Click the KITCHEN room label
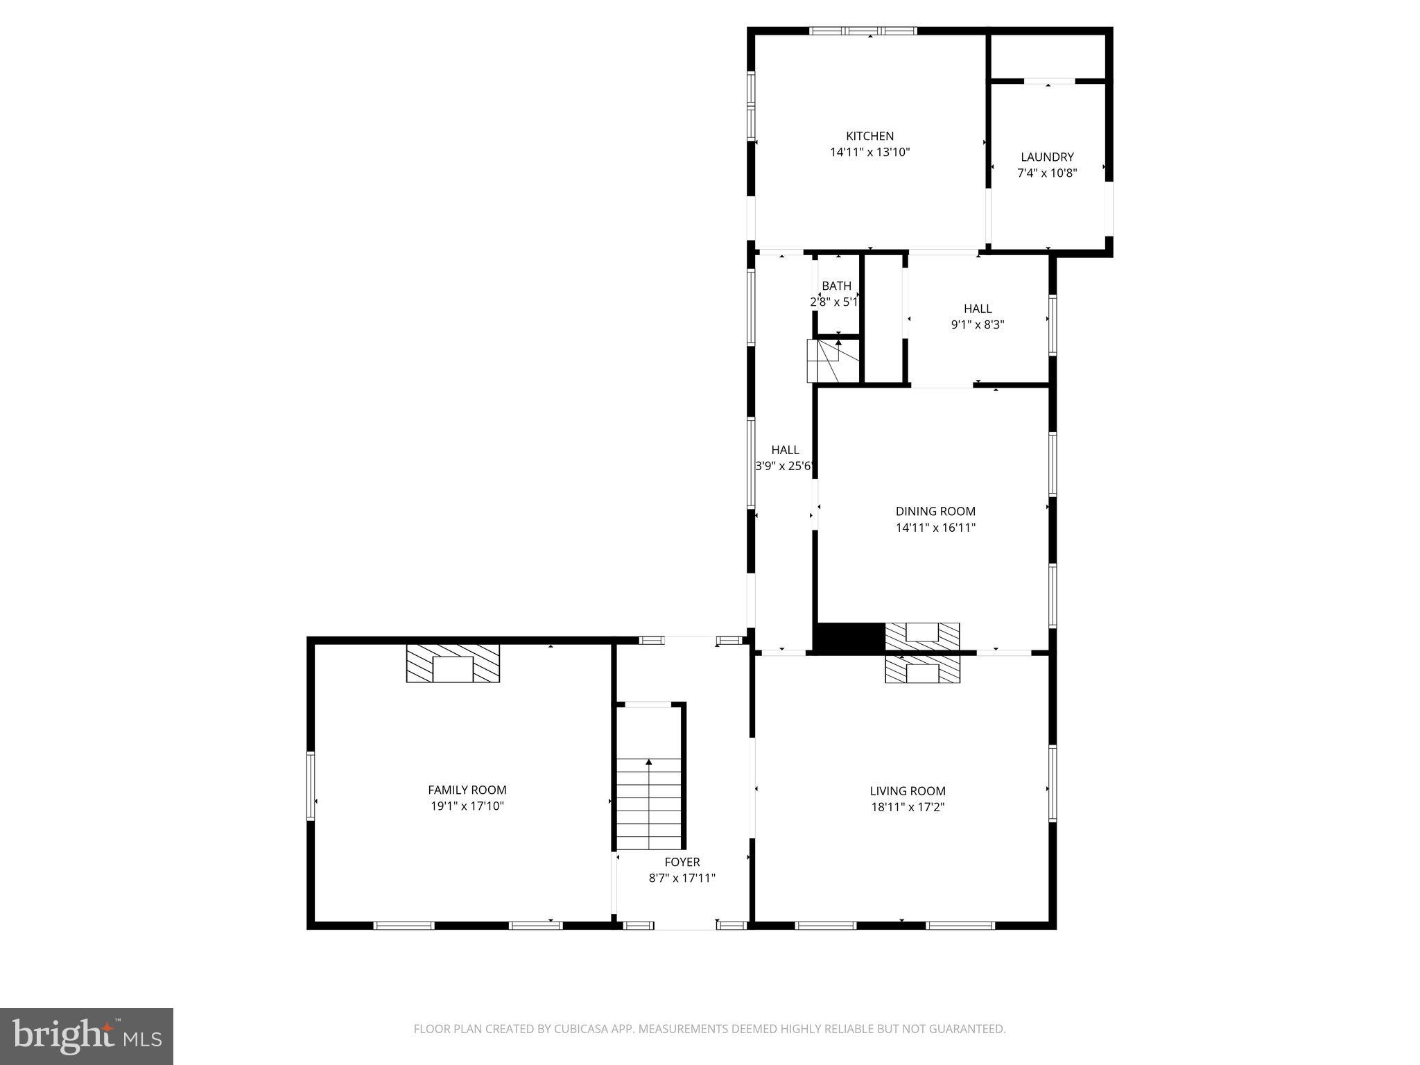[x=869, y=136]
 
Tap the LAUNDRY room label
[x=1047, y=157]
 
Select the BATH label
[x=836, y=286]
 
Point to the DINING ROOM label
[x=935, y=511]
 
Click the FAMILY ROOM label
[x=467, y=790]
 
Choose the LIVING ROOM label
[x=908, y=790]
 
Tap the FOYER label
[x=682, y=862]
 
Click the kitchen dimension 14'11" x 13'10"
[x=869, y=152]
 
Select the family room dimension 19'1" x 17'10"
[x=467, y=806]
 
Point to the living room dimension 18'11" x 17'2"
[x=908, y=807]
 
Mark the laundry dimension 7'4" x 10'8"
[x=1047, y=173]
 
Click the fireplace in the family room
[x=453, y=664]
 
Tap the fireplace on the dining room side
[x=922, y=636]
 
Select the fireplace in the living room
[x=922, y=670]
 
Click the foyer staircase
[x=649, y=804]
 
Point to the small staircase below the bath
[x=824, y=361]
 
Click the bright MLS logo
[x=87, y=1036]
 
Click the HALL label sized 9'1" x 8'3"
[x=978, y=309]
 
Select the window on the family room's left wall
[x=311, y=786]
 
